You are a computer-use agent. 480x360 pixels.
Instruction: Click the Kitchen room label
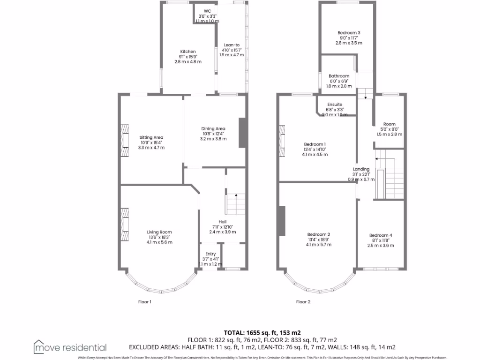point(188,52)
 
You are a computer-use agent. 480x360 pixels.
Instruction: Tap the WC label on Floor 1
point(207,11)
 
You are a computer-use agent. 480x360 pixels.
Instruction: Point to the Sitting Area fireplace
point(124,140)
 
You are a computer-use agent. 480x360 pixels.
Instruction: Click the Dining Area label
point(213,128)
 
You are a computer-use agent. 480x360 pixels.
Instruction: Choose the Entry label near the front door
point(210,254)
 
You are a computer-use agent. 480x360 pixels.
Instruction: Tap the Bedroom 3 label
point(349,32)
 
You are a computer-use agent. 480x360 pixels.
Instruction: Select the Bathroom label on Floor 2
point(338,76)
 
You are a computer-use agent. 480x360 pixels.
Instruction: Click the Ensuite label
point(335,105)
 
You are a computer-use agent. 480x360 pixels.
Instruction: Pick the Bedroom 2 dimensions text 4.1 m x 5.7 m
point(319,244)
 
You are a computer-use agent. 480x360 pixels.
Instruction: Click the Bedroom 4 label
point(381,235)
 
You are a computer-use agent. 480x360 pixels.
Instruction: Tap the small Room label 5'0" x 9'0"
point(389,124)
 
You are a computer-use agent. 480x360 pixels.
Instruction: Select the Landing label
point(361,169)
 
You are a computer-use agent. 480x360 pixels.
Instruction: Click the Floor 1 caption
point(144,302)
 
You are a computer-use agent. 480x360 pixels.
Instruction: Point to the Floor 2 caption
point(303,302)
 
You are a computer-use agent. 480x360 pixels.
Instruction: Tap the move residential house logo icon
point(40,347)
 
